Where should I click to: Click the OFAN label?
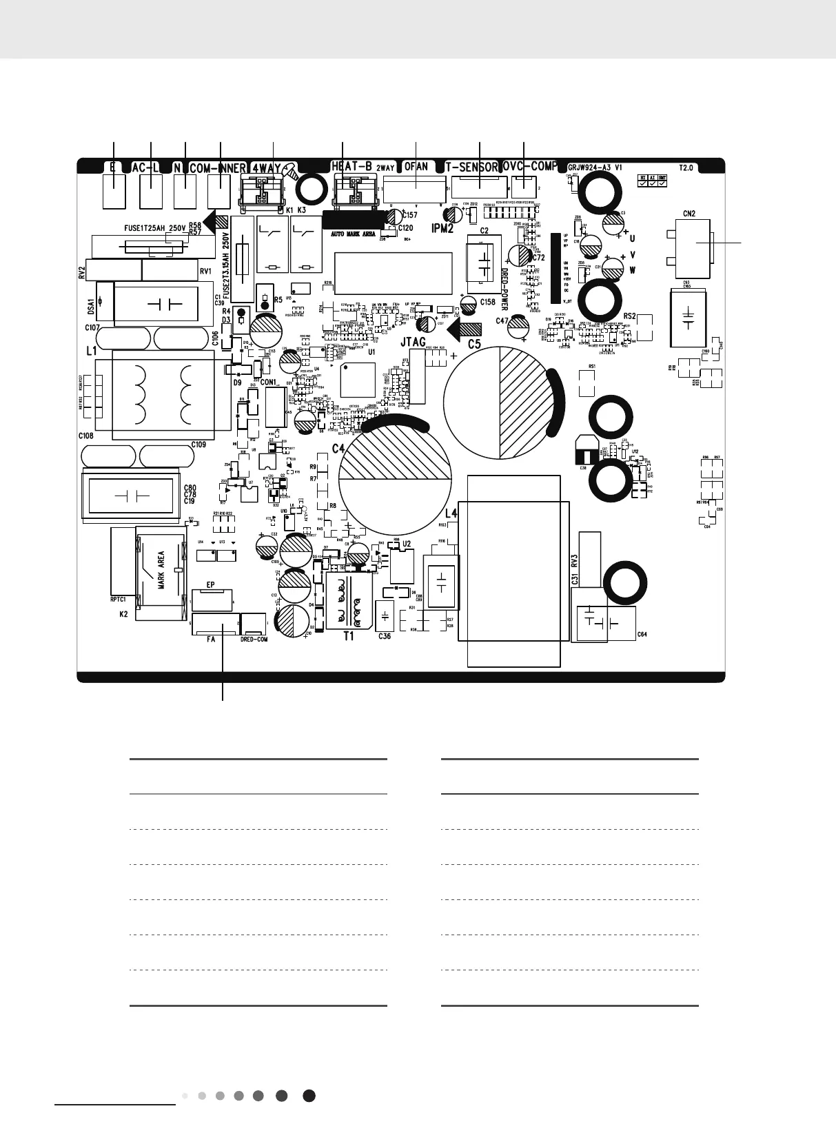416,167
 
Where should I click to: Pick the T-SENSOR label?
471,167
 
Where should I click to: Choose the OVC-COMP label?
530,167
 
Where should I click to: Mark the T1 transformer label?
349,636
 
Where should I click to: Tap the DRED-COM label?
254,640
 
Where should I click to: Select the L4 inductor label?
451,513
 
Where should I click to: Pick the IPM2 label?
442,228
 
